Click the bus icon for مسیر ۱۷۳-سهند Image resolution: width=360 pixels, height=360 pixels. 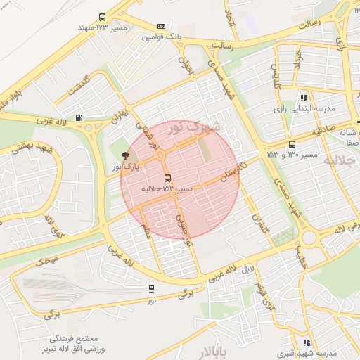click(103, 17)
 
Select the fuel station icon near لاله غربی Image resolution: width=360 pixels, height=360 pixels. click(78, 117)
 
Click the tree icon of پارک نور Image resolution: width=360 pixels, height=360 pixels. click(125, 155)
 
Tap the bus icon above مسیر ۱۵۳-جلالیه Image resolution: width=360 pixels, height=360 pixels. click(167, 178)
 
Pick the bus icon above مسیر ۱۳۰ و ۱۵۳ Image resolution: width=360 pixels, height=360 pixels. click(292, 143)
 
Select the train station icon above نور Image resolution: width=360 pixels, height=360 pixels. click(151, 288)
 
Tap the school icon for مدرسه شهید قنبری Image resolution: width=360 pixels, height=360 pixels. click(306, 342)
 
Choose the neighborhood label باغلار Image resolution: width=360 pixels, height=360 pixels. click(210, 352)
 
